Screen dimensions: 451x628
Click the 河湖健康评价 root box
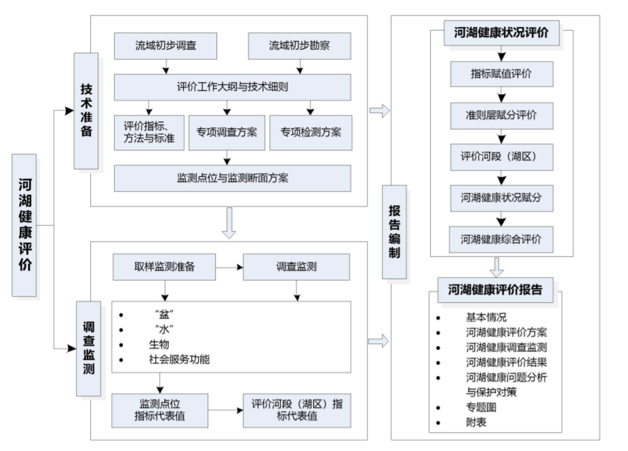tap(24, 225)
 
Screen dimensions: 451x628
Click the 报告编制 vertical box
tap(394, 231)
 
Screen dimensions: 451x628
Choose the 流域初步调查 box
tap(165, 46)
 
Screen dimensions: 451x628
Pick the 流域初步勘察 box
tap(300, 46)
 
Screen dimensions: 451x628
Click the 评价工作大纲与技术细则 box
tap(233, 87)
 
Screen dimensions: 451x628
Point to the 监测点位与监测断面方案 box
tap(233, 178)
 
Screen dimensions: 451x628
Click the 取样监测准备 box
tap(165, 267)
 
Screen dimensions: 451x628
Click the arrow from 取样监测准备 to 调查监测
tap(229, 267)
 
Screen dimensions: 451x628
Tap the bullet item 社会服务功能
tap(179, 360)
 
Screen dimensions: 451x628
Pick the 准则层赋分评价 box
tap(502, 115)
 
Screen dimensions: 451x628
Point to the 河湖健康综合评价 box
tap(502, 239)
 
